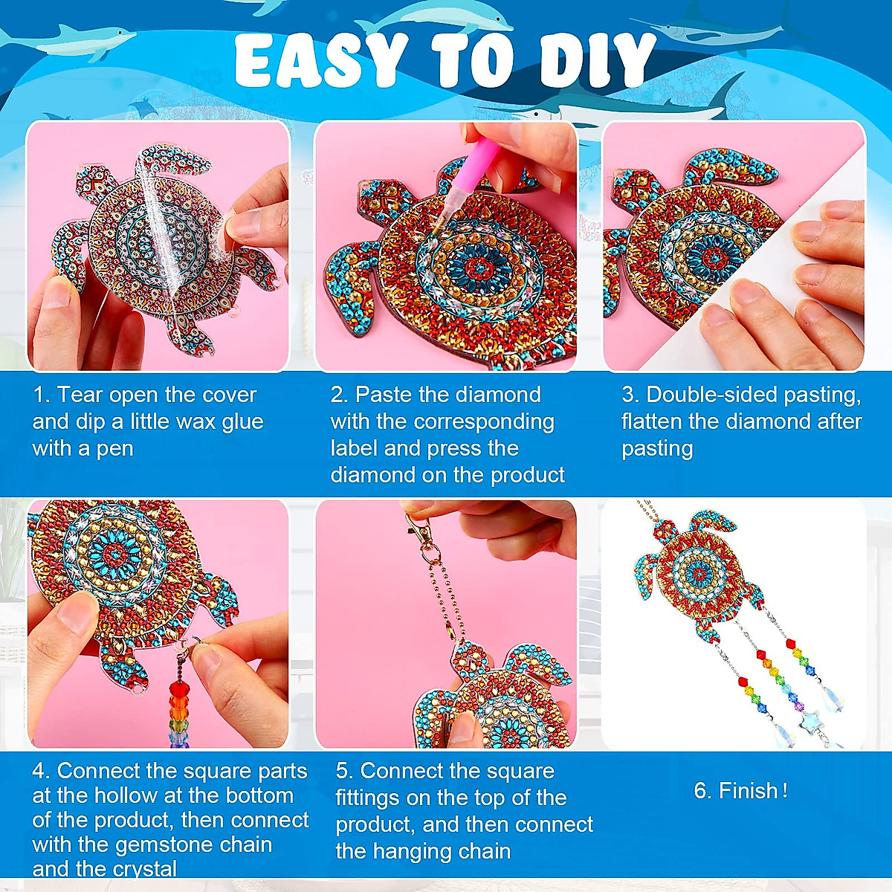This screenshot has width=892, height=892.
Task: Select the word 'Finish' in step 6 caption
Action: (x=748, y=791)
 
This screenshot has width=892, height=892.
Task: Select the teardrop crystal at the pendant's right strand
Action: (x=835, y=699)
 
